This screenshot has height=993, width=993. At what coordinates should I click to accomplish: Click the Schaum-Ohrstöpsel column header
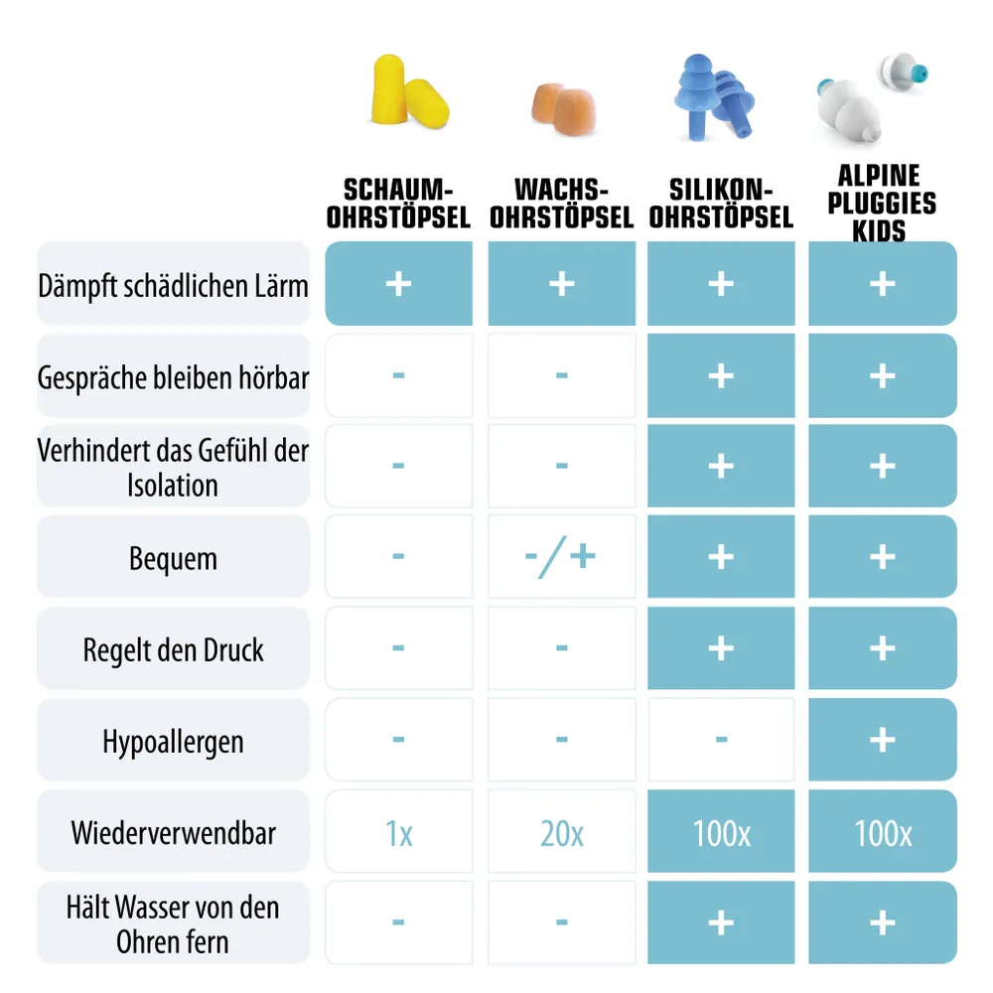[x=398, y=204]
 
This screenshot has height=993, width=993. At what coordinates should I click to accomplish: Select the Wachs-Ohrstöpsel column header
[x=561, y=204]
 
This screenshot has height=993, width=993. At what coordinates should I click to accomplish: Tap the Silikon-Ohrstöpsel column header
[x=721, y=204]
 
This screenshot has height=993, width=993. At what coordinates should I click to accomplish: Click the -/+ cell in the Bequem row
[x=561, y=557]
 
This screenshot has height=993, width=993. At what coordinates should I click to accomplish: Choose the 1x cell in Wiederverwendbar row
[x=398, y=832]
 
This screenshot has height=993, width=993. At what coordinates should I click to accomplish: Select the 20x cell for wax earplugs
[x=561, y=832]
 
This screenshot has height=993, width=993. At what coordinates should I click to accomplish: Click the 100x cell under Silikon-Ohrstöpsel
[x=721, y=832]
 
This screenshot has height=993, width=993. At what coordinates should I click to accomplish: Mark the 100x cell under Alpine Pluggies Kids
[x=883, y=832]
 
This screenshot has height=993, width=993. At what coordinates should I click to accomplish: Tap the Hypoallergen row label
[x=173, y=741]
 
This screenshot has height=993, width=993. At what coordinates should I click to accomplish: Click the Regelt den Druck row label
[x=173, y=649]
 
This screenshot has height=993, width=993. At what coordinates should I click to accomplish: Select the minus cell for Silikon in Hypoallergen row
[x=721, y=740]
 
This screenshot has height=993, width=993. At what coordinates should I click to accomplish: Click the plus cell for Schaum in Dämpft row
[x=398, y=284]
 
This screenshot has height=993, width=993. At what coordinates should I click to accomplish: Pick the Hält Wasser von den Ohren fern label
[x=173, y=923]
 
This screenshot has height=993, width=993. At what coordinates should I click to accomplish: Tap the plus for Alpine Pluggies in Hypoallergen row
[x=883, y=740]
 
